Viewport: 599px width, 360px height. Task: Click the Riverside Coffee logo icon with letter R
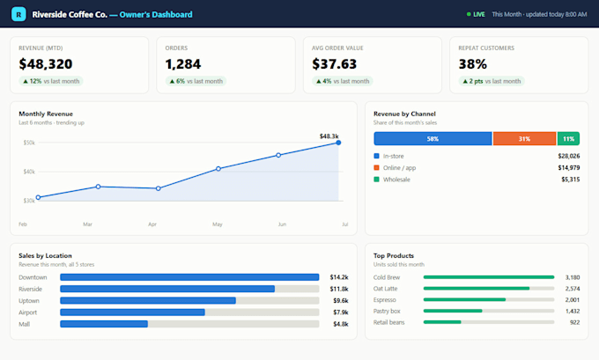(18, 14)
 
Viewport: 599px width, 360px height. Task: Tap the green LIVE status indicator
(476, 14)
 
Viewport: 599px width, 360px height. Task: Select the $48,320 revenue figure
(46, 64)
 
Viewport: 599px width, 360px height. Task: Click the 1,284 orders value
(182, 64)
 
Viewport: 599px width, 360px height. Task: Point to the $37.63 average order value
(334, 64)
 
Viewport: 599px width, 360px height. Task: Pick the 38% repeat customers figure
(473, 64)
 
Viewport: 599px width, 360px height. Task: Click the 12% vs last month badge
(51, 81)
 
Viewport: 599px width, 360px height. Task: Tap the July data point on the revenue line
(338, 143)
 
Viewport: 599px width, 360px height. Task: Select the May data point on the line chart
(218, 169)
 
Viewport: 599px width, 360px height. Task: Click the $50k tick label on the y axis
(29, 143)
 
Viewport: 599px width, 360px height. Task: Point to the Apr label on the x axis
(152, 224)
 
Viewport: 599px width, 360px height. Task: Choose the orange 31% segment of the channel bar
(524, 138)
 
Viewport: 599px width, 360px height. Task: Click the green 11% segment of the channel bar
(568, 138)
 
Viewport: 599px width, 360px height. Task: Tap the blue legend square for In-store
(376, 156)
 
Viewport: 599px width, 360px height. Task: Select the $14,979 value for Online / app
(569, 168)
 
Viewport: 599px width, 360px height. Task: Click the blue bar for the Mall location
(104, 324)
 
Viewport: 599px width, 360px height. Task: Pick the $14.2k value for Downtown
(339, 277)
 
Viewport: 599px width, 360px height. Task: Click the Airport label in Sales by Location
(28, 312)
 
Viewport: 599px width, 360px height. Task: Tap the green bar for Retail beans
(442, 322)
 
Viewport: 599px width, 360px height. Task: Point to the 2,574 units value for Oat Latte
(573, 289)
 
